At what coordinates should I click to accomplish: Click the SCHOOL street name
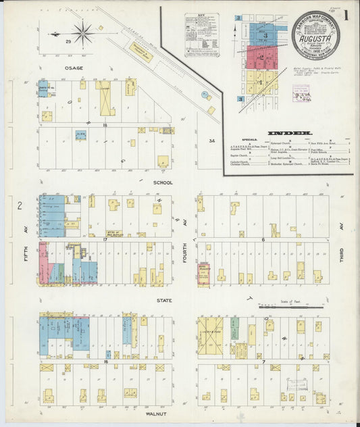[x=162, y=182]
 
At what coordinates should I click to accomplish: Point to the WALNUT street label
[x=156, y=410]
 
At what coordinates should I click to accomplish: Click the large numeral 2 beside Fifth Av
[x=20, y=205]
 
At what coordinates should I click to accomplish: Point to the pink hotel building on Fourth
[x=203, y=274]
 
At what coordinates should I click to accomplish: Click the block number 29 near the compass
[x=68, y=42]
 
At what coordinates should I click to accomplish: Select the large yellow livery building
[x=210, y=334]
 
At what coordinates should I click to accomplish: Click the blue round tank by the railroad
[x=205, y=97]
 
